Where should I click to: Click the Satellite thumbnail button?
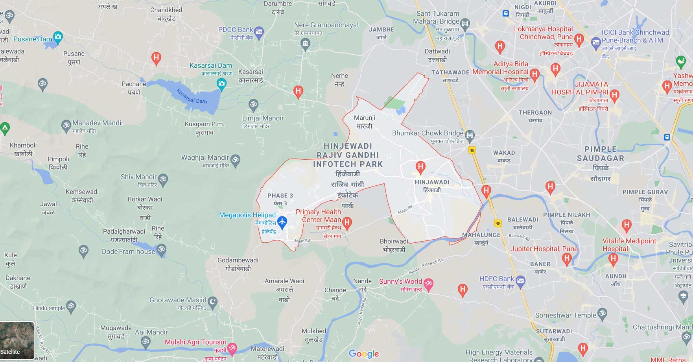click(17, 340)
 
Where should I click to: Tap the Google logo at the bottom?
click(363, 353)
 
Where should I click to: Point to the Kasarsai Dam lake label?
click(192, 96)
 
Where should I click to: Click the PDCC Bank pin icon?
click(259, 33)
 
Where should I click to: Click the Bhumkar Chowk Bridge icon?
click(470, 135)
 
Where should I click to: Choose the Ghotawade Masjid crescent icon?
click(212, 302)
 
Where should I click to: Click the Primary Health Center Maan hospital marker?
click(347, 223)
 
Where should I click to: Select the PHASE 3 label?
click(280, 196)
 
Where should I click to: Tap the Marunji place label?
click(365, 118)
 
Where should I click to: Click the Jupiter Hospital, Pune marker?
click(567, 259)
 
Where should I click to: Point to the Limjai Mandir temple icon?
click(254, 105)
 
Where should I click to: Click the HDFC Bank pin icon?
click(520, 281)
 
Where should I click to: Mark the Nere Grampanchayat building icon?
click(305, 44)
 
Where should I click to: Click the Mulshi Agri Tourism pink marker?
click(233, 347)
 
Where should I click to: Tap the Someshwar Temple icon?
click(602, 314)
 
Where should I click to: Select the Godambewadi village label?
click(238, 260)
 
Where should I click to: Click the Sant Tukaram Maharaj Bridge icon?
click(465, 24)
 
